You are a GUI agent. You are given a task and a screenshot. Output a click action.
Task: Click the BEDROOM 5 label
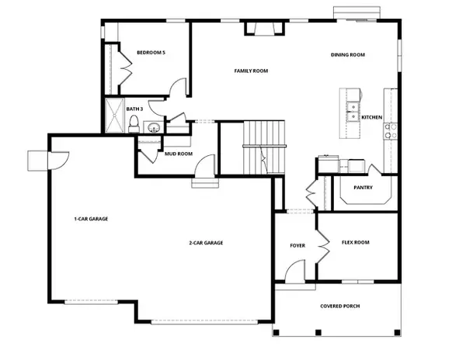(x=151, y=52)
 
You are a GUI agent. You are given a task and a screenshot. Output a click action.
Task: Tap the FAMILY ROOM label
(x=251, y=71)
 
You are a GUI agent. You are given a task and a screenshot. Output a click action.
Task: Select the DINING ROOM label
(x=348, y=55)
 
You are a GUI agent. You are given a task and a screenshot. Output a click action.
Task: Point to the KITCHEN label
(x=371, y=117)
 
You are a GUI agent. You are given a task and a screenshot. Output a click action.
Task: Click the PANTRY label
(x=363, y=187)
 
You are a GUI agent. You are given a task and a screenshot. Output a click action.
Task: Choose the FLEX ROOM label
(x=356, y=242)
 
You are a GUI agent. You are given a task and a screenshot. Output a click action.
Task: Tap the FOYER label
(x=297, y=245)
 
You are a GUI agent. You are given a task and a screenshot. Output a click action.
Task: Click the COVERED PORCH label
(x=340, y=306)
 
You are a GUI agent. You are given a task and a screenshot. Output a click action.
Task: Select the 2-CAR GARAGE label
(x=206, y=243)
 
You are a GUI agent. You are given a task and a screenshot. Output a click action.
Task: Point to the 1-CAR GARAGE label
(x=91, y=219)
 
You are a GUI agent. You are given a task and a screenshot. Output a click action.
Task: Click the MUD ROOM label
(x=178, y=154)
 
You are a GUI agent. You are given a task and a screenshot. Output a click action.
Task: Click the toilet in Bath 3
(x=134, y=123)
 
